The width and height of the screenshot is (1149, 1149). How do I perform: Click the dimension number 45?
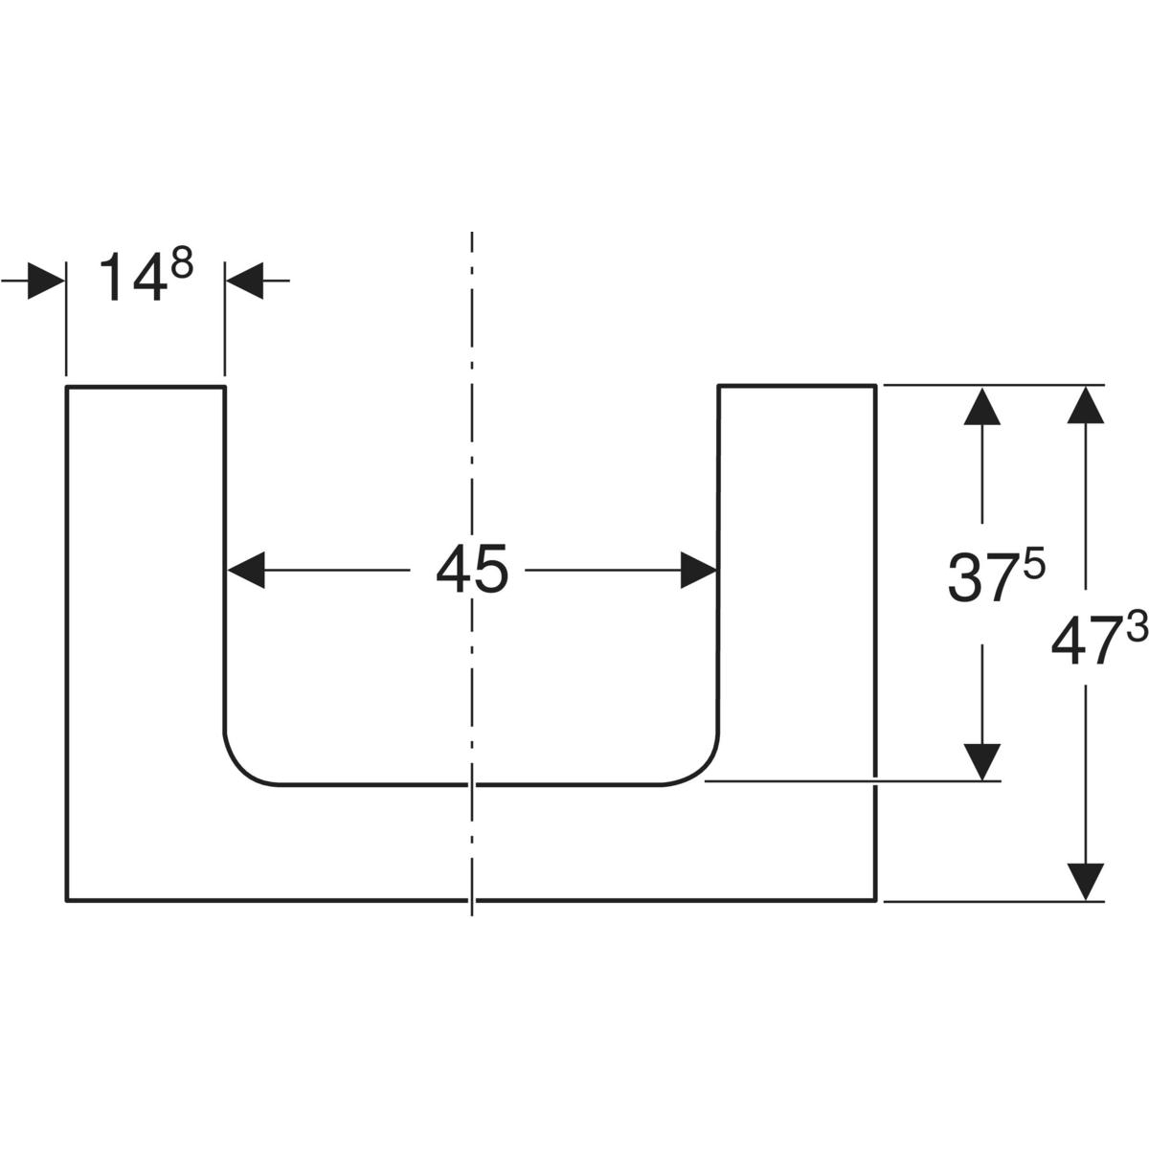tap(472, 572)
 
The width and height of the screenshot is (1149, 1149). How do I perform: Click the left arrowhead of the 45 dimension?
tap(245, 571)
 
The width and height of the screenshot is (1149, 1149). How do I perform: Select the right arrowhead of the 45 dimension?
tap(699, 571)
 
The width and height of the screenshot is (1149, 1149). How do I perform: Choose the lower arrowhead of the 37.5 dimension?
tap(982, 762)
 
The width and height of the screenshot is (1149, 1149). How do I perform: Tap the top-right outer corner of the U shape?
tap(875, 386)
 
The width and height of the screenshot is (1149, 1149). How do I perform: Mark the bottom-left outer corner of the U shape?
tap(66, 900)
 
